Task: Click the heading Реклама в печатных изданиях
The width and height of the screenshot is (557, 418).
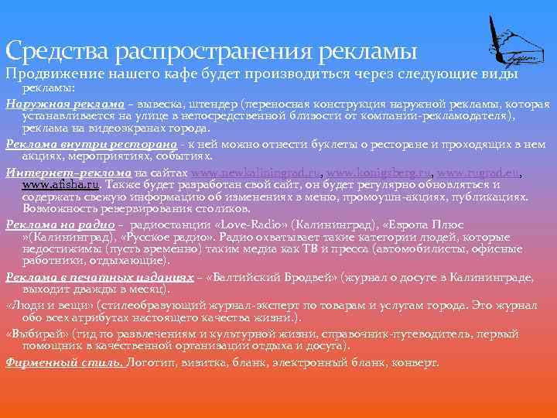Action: click(x=99, y=277)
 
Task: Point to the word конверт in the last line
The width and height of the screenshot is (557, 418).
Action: click(x=415, y=361)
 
